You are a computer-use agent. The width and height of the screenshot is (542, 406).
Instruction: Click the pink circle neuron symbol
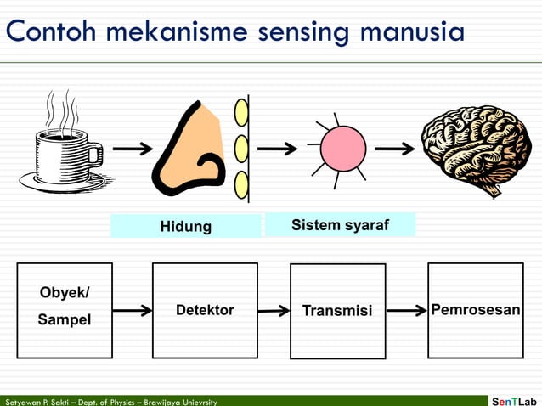(x=342, y=149)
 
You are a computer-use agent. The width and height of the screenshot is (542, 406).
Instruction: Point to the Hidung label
(x=185, y=226)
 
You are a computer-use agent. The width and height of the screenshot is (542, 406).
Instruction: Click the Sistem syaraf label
(x=340, y=225)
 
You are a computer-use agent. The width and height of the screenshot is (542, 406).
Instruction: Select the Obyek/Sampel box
(x=65, y=310)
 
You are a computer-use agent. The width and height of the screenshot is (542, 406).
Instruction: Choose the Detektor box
(x=205, y=310)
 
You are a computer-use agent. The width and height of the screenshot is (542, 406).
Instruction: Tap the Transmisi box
(x=337, y=311)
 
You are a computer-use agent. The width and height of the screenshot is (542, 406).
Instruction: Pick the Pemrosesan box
(x=475, y=310)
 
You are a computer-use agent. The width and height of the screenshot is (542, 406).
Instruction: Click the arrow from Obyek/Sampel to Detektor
(x=133, y=311)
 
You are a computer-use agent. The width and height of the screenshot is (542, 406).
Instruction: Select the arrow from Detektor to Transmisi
(x=274, y=311)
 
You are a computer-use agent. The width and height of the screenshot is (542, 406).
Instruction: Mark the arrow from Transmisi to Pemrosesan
(x=406, y=311)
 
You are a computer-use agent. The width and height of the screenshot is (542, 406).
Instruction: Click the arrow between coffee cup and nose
(x=133, y=149)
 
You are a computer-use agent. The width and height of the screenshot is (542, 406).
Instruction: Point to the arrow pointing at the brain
(x=395, y=149)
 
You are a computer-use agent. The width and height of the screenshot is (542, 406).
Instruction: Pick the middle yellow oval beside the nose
(x=241, y=149)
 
